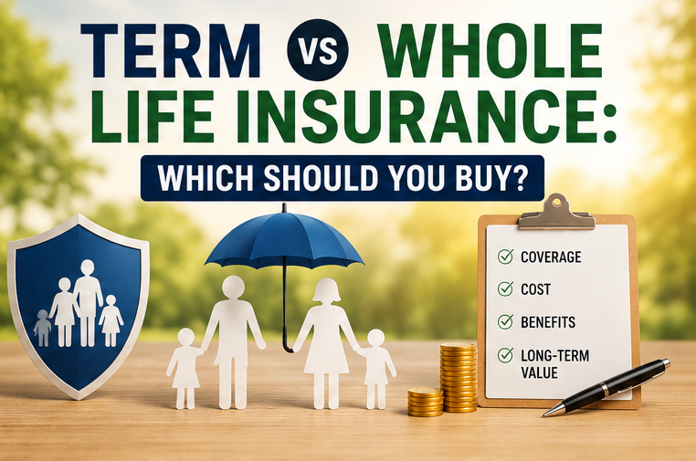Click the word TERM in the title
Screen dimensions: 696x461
(x=171, y=50)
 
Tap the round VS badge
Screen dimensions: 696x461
(x=318, y=50)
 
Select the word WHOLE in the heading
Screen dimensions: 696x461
(x=491, y=50)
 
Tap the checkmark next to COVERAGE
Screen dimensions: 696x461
(x=506, y=257)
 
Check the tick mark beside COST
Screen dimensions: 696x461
(x=506, y=288)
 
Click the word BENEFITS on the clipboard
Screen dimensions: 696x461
(x=548, y=322)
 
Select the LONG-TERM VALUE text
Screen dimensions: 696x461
(x=554, y=364)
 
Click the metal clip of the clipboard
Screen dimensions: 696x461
(x=556, y=213)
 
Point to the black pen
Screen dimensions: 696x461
(x=606, y=387)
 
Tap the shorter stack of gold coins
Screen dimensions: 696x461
(x=426, y=402)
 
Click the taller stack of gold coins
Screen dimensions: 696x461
(x=459, y=377)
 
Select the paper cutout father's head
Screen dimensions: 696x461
(x=233, y=288)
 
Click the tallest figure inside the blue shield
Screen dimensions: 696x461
(x=88, y=303)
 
